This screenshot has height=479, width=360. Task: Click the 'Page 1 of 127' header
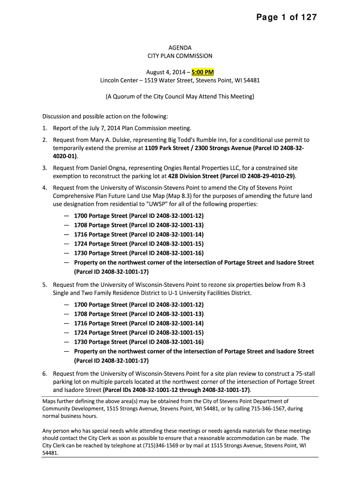tap(286, 18)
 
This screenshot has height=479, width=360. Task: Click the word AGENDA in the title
tap(180, 48)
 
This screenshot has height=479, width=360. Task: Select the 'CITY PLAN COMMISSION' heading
tap(180, 56)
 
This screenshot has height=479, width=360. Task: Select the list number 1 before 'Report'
tap(44, 128)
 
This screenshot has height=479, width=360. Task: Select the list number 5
tap(44, 284)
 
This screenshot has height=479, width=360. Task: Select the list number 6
tap(44, 373)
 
